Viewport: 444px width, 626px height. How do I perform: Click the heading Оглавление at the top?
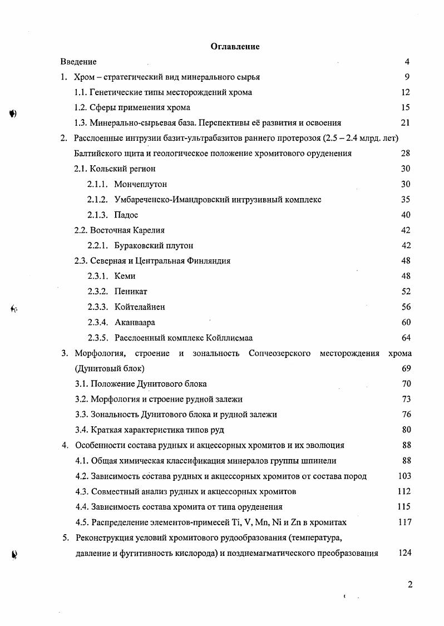(235, 47)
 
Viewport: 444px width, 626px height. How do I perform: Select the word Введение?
(78, 62)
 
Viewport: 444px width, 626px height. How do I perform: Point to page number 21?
(405, 123)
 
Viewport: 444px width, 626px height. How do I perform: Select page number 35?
(405, 199)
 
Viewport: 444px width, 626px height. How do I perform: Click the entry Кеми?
(125, 276)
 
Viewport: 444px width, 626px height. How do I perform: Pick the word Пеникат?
(131, 292)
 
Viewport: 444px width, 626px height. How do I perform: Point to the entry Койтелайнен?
(140, 307)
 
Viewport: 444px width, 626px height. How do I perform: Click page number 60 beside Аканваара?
(405, 322)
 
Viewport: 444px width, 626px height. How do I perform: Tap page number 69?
(405, 368)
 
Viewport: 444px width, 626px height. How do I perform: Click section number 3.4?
(81, 430)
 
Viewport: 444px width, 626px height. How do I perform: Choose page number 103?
(404, 476)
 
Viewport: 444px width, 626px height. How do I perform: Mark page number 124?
(404, 553)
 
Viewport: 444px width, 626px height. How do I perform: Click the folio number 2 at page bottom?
(410, 584)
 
